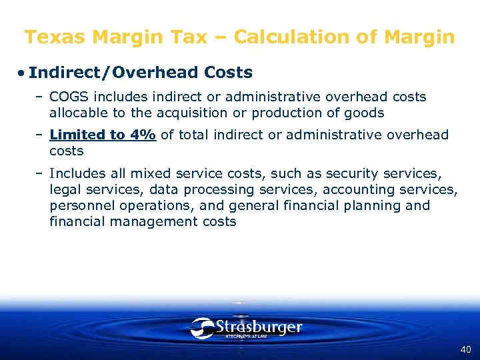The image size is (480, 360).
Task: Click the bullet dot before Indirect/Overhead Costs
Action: click(x=21, y=72)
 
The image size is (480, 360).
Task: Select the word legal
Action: click(x=65, y=189)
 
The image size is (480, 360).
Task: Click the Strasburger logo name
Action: click(x=259, y=327)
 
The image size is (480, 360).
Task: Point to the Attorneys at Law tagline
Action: click(x=249, y=337)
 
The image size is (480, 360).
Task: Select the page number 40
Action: click(x=465, y=349)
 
